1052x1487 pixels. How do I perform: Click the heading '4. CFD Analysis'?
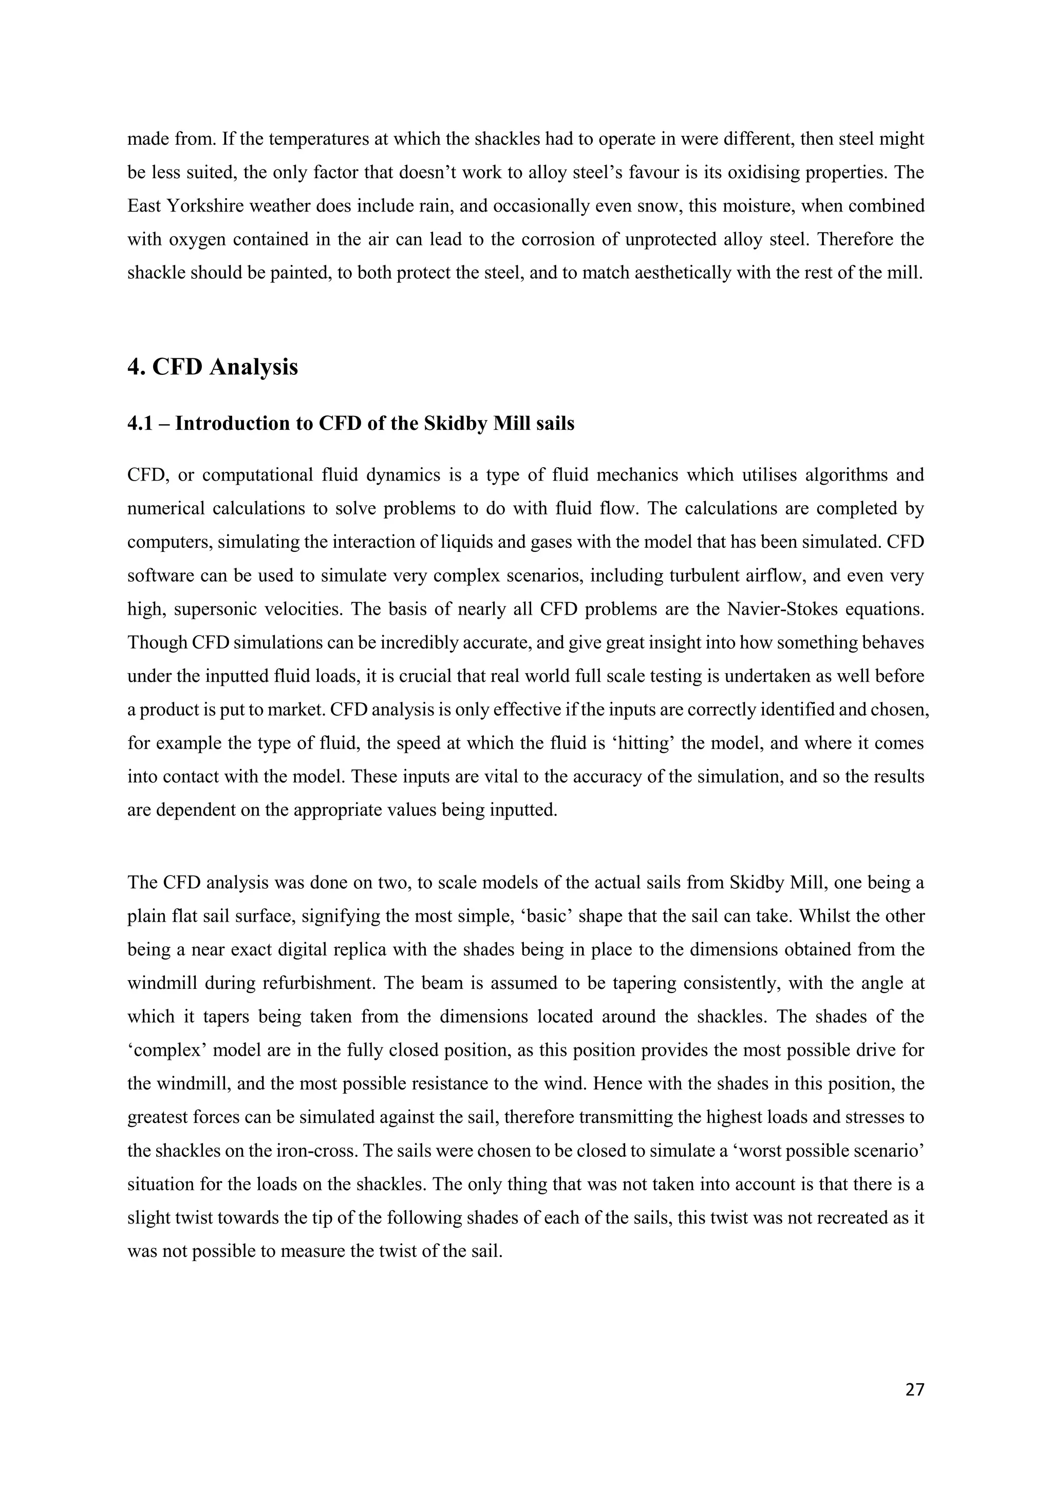coord(213,367)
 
